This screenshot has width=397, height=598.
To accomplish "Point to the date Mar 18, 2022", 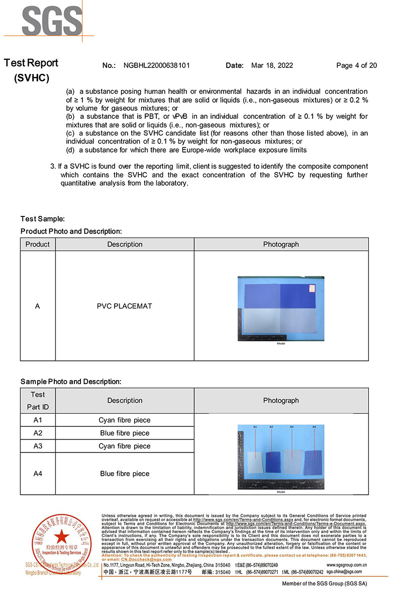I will point(272,65).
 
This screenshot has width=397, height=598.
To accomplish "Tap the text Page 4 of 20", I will point(356,65).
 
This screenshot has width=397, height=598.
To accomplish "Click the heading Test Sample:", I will point(43,219).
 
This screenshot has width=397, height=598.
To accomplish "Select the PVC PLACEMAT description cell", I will point(125,306).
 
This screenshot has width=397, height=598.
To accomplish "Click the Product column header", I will point(38,244).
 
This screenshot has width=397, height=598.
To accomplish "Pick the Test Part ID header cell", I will point(38,401).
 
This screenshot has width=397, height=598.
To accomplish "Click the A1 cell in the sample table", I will point(38,420).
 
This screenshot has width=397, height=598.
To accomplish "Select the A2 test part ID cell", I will point(38,433).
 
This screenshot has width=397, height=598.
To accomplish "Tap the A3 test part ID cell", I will point(38,446).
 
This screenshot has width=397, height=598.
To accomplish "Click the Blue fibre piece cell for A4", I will point(125,474).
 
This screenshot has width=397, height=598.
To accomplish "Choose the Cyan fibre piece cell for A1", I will point(125,420).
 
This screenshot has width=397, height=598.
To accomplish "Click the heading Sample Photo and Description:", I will point(71,382).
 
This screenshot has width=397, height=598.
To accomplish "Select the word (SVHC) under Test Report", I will point(32,78).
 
